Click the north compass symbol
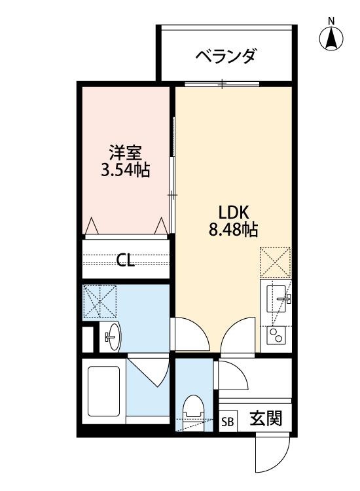tap(332, 39)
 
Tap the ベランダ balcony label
tap(225, 56)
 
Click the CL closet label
tap(126, 261)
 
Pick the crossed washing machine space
tap(100, 302)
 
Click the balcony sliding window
tap(223, 84)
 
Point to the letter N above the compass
tap(332, 21)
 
